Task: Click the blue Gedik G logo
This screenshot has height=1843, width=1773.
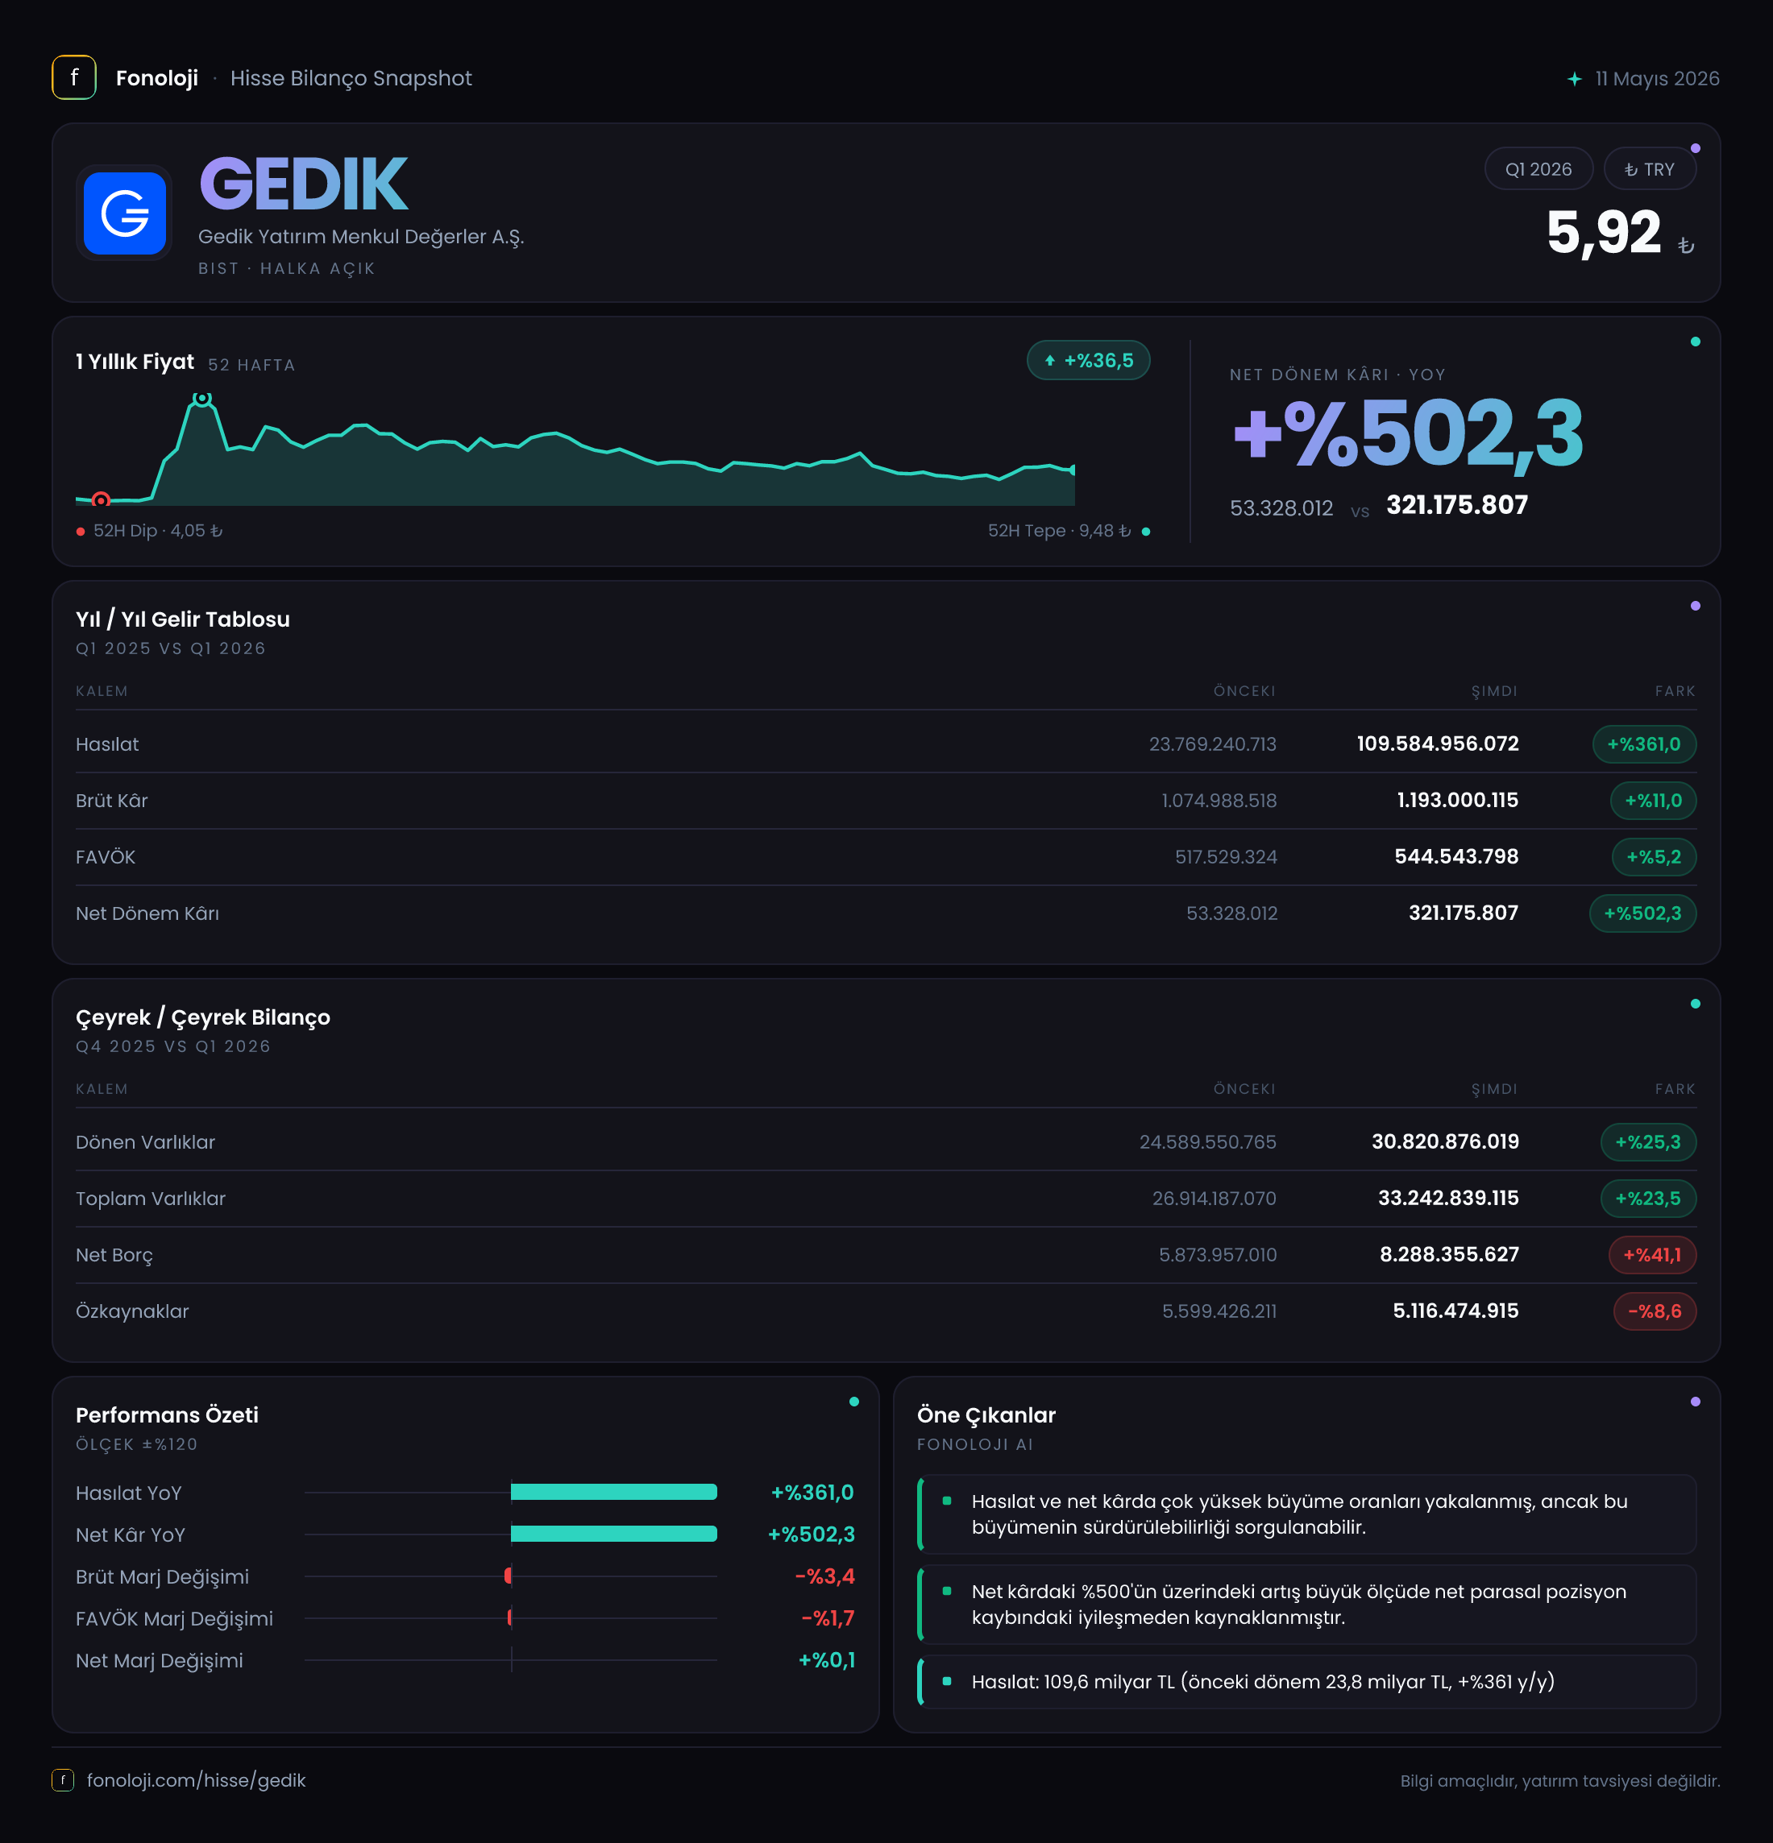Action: click(x=124, y=213)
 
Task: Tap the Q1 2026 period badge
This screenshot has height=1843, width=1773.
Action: click(x=1538, y=169)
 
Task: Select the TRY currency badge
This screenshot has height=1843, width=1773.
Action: click(x=1649, y=169)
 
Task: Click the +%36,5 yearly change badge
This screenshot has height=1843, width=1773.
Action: click(x=1088, y=360)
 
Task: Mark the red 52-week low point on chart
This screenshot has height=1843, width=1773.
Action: click(x=101, y=499)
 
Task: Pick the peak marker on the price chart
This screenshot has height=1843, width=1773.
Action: click(x=202, y=400)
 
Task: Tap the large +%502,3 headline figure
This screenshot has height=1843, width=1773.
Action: click(x=1407, y=433)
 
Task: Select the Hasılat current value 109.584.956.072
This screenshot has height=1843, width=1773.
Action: click(x=1437, y=743)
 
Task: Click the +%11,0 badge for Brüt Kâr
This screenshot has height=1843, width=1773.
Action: click(x=1653, y=800)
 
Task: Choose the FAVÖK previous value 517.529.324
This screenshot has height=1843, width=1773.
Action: click(x=1226, y=856)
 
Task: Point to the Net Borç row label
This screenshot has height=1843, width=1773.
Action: click(x=114, y=1255)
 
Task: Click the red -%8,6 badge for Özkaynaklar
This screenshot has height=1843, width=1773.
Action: click(x=1655, y=1311)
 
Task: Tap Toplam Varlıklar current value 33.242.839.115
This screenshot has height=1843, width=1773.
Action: click(x=1447, y=1198)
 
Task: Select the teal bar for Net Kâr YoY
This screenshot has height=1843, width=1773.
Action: click(x=613, y=1534)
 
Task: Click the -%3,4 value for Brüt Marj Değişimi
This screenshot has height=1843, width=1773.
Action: click(x=825, y=1576)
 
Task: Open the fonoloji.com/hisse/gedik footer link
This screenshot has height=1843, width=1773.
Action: click(x=196, y=1780)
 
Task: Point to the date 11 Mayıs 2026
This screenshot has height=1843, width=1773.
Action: click(x=1656, y=78)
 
